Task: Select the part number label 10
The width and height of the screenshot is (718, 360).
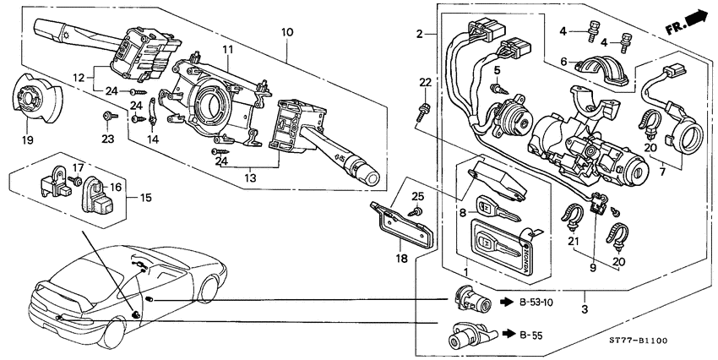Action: pos(287,32)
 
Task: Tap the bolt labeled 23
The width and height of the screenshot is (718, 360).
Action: pos(106,116)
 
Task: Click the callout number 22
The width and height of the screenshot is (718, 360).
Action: pos(425,81)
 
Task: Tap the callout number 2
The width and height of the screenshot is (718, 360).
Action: pos(419,34)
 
